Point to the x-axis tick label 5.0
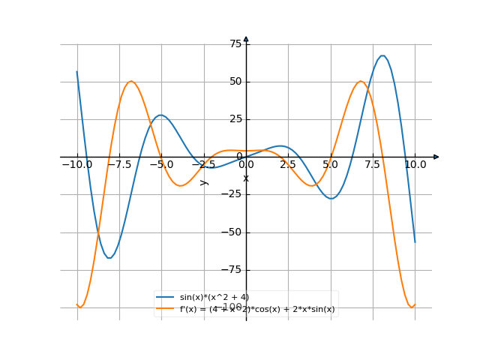331,164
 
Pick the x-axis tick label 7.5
373,164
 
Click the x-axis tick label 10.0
415,164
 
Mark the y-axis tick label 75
235,44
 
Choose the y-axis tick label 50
235,82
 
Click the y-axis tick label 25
235,119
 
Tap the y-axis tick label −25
232,195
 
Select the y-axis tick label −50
232,232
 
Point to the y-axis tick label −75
232,270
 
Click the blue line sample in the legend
166,298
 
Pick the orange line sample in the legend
166,309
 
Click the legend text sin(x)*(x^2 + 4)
214,298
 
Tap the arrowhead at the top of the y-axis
246,38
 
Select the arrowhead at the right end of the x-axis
436,157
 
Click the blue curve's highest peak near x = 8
382,55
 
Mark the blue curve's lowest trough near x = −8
109,258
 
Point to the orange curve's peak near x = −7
131,81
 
